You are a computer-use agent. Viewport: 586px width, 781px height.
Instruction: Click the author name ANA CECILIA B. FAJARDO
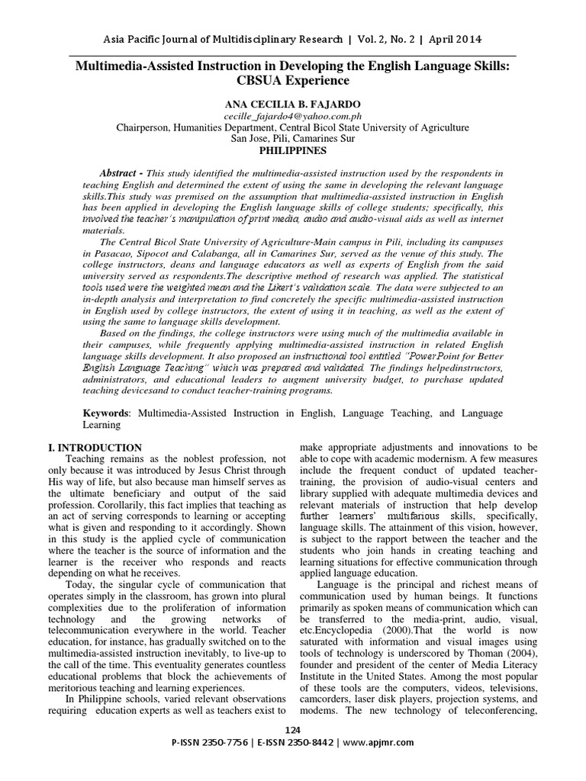(292, 102)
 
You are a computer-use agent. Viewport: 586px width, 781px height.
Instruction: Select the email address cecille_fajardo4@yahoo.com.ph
(292, 115)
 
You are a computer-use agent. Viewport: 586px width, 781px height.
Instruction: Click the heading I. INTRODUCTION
(104, 448)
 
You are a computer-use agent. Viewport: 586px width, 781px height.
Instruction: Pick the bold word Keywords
(106, 413)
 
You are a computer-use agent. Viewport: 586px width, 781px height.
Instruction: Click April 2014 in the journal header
(453, 39)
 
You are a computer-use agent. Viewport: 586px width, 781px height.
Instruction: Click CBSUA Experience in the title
(293, 81)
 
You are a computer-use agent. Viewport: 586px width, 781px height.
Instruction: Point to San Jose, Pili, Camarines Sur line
(292, 139)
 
